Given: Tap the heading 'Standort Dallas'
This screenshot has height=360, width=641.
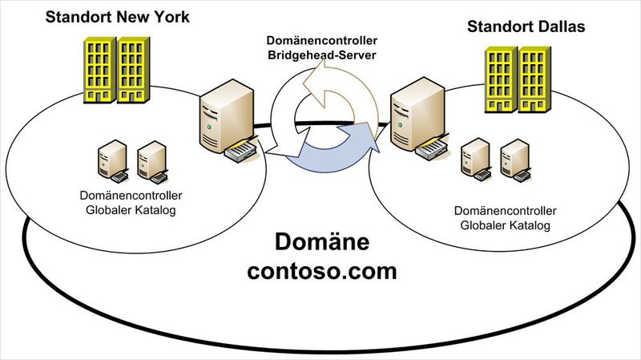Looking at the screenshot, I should (526, 27).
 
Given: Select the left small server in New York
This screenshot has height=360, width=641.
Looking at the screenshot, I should (111, 160).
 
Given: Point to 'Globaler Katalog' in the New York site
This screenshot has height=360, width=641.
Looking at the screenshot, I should (130, 210).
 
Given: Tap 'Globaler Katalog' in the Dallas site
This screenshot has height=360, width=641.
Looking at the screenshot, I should (505, 225).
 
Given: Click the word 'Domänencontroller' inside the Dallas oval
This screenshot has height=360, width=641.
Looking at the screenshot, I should (505, 211).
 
